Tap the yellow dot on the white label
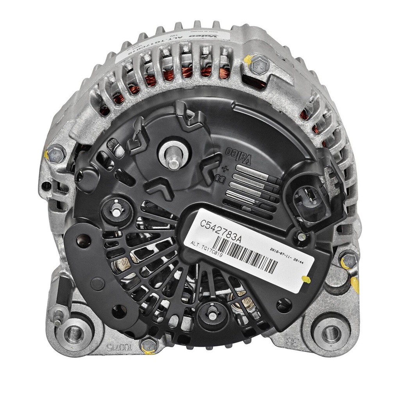click(x=306, y=279)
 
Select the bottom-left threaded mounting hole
click(x=73, y=333)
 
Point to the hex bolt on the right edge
click(x=348, y=259)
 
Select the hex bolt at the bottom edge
click(x=148, y=345)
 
